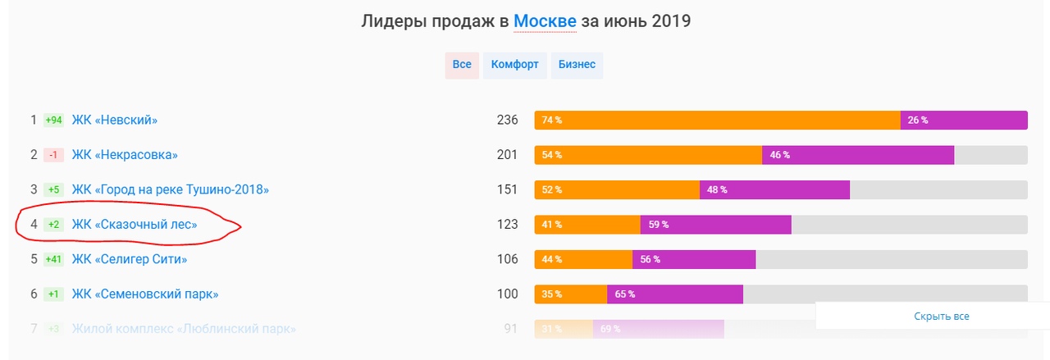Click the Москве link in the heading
(545, 21)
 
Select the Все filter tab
(462, 65)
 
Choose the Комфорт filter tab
(514, 65)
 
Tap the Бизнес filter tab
(577, 65)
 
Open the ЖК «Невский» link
(115, 121)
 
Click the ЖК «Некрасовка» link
(125, 155)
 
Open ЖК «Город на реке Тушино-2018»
(171, 189)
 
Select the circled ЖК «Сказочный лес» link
(135, 225)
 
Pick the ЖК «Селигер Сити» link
(130, 259)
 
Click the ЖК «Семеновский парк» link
(145, 294)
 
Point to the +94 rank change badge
(53, 121)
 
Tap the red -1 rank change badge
(53, 155)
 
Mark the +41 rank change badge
(53, 259)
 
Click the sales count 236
(507, 121)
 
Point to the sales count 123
(507, 225)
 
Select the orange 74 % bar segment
(717, 121)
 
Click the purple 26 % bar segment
(964, 121)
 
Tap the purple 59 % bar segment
(715, 225)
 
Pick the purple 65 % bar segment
(674, 294)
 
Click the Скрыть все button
(942, 316)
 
